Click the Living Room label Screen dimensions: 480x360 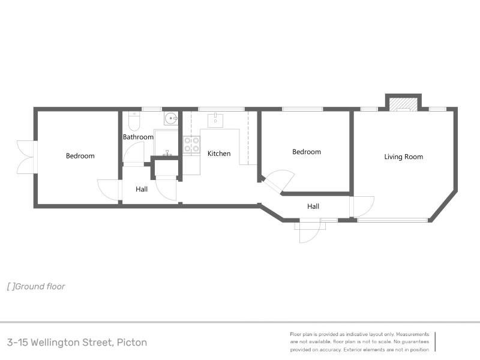pyautogui.click(x=403, y=157)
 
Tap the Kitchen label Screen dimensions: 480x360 pyautogui.click(x=219, y=154)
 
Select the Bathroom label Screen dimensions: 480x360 pyautogui.click(x=138, y=137)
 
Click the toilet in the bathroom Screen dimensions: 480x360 pyautogui.click(x=134, y=121)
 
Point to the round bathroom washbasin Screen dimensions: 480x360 pyautogui.click(x=171, y=118)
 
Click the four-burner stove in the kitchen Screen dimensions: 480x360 pyautogui.click(x=191, y=145)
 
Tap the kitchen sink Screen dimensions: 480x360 pyautogui.click(x=215, y=121)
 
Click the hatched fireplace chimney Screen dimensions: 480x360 pyautogui.click(x=403, y=103)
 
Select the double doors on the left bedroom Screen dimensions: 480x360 pyautogui.click(x=27, y=157)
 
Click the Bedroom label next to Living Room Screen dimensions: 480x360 pyautogui.click(x=307, y=152)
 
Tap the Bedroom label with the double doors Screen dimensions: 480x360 pyautogui.click(x=80, y=156)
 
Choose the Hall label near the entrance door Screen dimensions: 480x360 pyautogui.click(x=313, y=206)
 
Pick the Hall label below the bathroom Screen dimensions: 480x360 pyautogui.click(x=142, y=189)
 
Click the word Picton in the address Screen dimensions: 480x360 pyautogui.click(x=132, y=342)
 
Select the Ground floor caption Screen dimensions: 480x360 pyautogui.click(x=40, y=287)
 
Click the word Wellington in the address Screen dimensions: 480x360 pyautogui.click(x=71, y=342)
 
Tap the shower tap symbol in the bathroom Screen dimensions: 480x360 pyautogui.click(x=167, y=153)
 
